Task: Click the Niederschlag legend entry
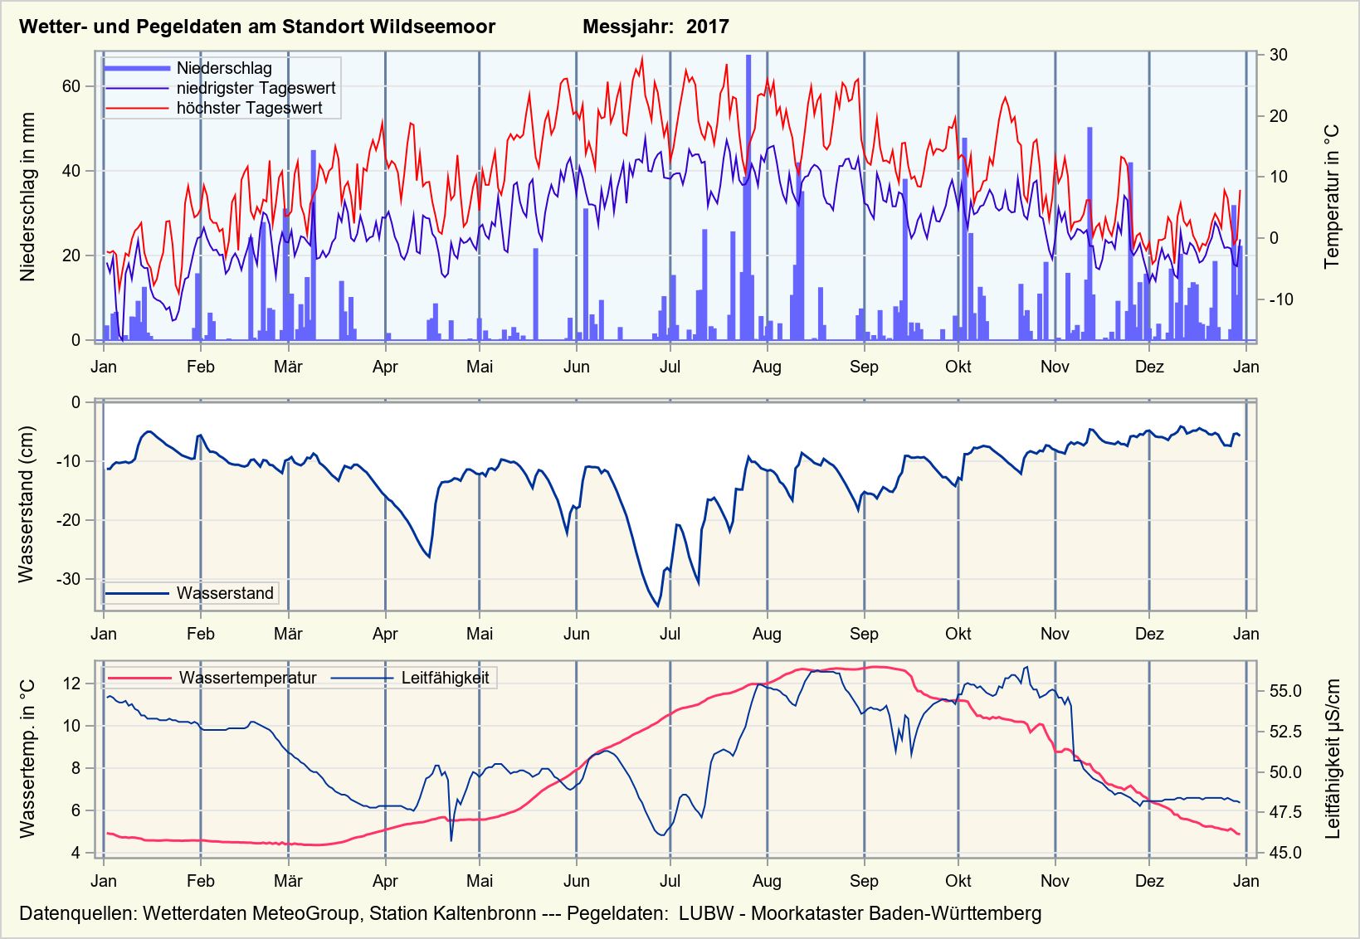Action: (224, 68)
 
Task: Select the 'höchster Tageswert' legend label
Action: (249, 108)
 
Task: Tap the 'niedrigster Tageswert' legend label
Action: (256, 88)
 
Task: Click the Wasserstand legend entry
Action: (225, 593)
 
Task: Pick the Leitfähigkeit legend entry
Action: (445, 678)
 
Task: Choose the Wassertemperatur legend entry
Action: (247, 678)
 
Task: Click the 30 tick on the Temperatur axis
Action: (1278, 55)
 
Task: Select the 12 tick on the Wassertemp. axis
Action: (71, 684)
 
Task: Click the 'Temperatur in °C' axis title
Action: (1332, 197)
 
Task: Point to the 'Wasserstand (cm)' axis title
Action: (27, 504)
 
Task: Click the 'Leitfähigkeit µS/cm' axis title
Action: (1333, 759)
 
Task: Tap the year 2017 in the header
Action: (707, 27)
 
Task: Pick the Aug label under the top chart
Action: (767, 367)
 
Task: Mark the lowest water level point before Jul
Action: (658, 606)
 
